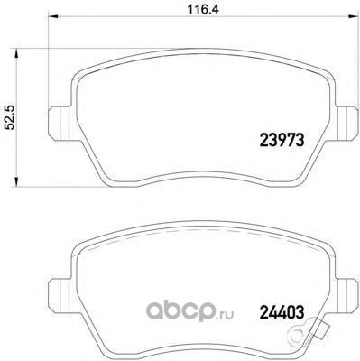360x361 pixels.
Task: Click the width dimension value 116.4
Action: tap(203, 9)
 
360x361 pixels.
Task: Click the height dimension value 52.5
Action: tap(11, 117)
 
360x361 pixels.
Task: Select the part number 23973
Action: tap(282, 140)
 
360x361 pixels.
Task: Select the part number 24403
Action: tap(282, 312)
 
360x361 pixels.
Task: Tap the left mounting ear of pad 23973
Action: tap(60, 124)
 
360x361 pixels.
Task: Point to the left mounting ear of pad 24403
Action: tap(60, 296)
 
